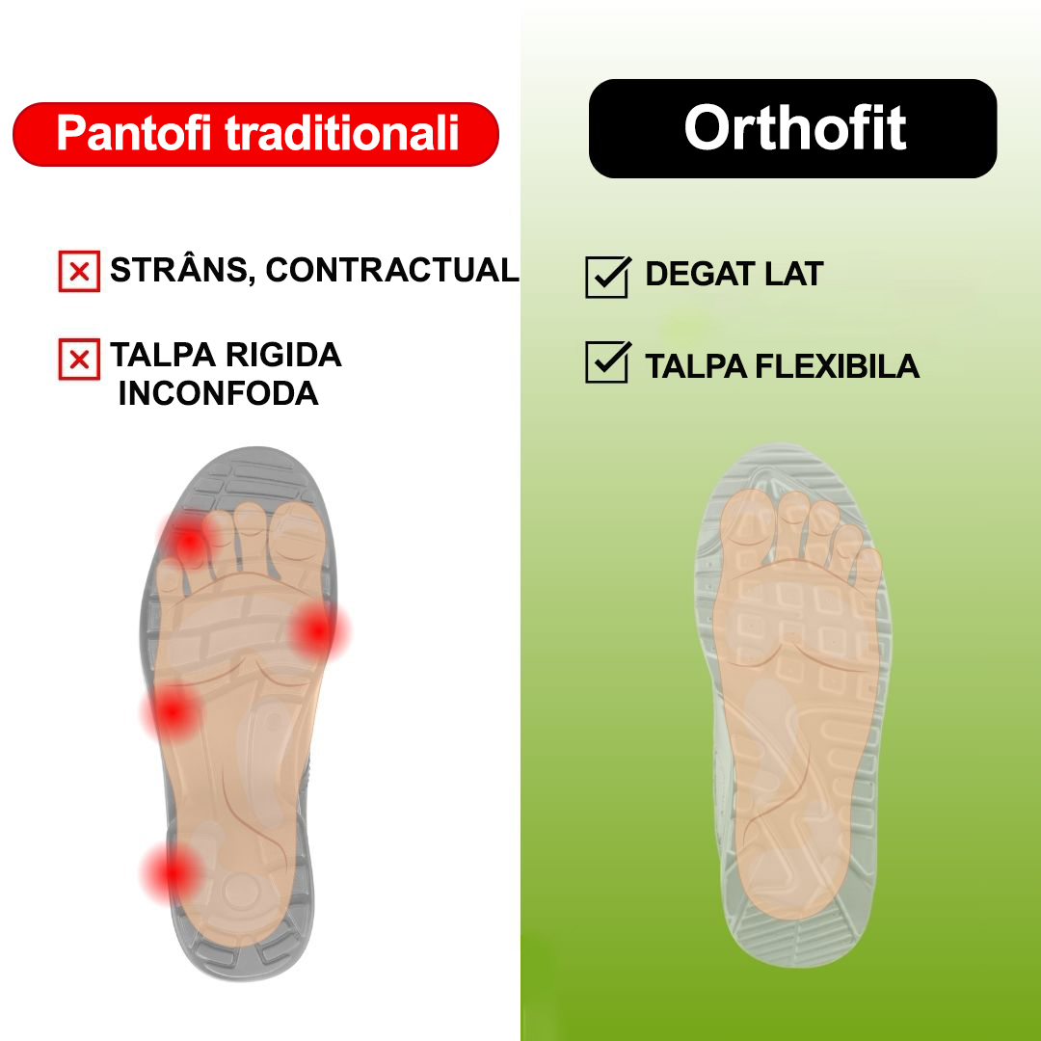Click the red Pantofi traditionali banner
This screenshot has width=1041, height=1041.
click(255, 134)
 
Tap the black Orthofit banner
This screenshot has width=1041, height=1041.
click(792, 128)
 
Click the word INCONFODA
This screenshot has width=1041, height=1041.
click(218, 393)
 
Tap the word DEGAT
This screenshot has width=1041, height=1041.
click(699, 275)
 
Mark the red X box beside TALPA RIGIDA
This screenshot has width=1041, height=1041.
click(79, 360)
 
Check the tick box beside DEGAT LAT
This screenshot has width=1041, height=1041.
click(607, 277)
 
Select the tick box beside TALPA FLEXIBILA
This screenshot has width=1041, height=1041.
click(607, 362)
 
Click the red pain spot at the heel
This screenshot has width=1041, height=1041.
click(171, 872)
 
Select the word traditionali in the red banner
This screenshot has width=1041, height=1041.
click(342, 134)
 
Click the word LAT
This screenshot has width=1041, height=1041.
click(793, 275)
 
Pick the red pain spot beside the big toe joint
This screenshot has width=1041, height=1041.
click(317, 631)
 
